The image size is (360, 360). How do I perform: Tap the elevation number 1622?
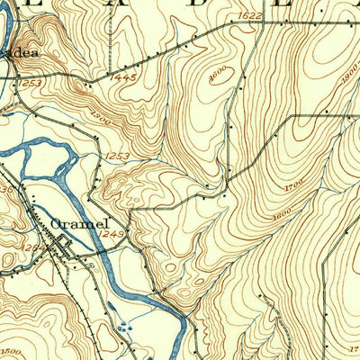tap(252, 15)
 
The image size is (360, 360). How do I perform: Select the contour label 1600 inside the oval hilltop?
tap(217, 76)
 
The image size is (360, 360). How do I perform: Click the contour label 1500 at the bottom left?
tap(11, 351)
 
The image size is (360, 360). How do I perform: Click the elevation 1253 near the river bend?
tap(115, 157)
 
